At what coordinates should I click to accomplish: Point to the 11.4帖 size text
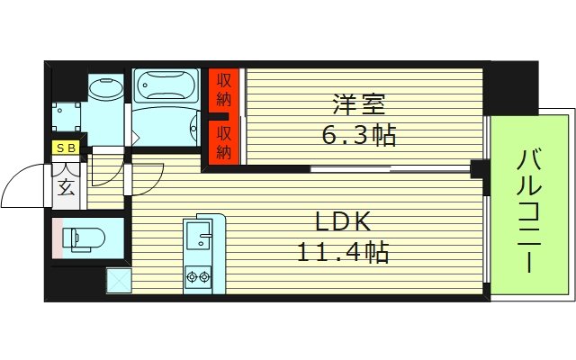pos(343,253)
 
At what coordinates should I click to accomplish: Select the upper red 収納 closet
pos(224,91)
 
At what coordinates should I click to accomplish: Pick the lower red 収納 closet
pos(224,141)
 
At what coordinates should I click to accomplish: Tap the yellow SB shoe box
pos(67,149)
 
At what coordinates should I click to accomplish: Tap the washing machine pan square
pos(67,118)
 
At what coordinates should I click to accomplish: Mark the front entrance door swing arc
pos(25,184)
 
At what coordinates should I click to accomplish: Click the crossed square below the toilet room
pos(119,281)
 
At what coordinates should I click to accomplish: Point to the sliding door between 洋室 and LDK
pos(351,168)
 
